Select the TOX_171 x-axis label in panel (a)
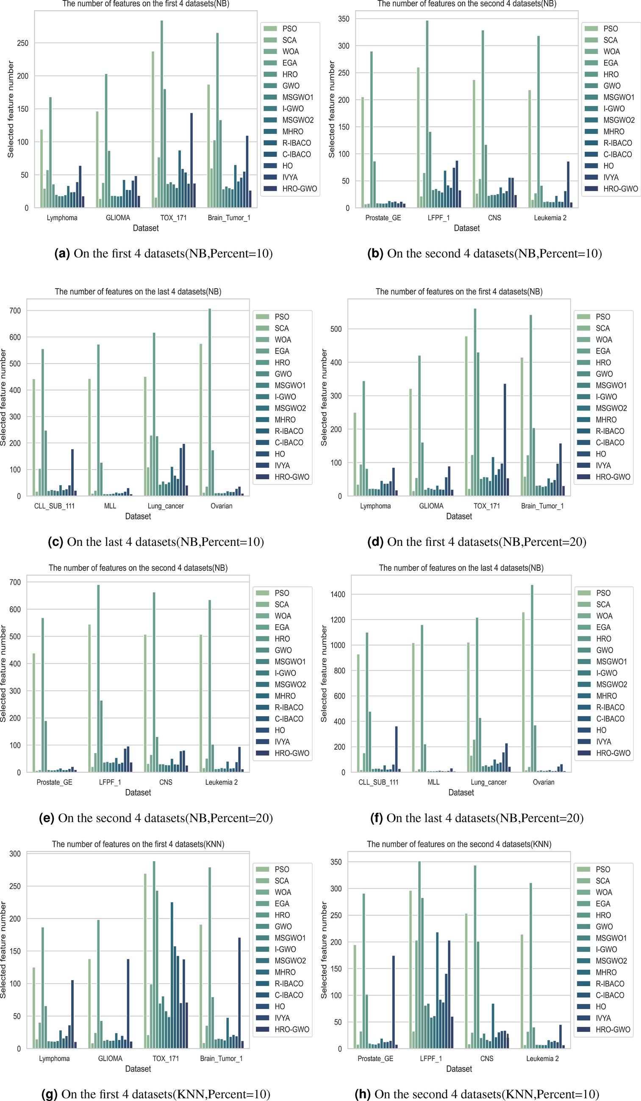click(173, 217)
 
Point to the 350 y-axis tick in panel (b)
click(344, 19)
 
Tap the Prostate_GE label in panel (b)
click(383, 217)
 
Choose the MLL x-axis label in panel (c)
click(110, 506)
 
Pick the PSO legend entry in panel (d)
click(602, 317)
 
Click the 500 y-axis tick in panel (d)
click(336, 329)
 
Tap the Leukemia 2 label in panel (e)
click(222, 782)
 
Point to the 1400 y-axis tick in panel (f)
click(338, 594)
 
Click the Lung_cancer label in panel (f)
click(488, 782)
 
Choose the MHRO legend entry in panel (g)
click(285, 972)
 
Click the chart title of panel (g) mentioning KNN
click(138, 844)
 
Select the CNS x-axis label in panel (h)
click(486, 1058)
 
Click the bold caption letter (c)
click(55, 542)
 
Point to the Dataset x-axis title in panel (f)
click(461, 792)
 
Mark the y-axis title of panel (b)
click(331, 109)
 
